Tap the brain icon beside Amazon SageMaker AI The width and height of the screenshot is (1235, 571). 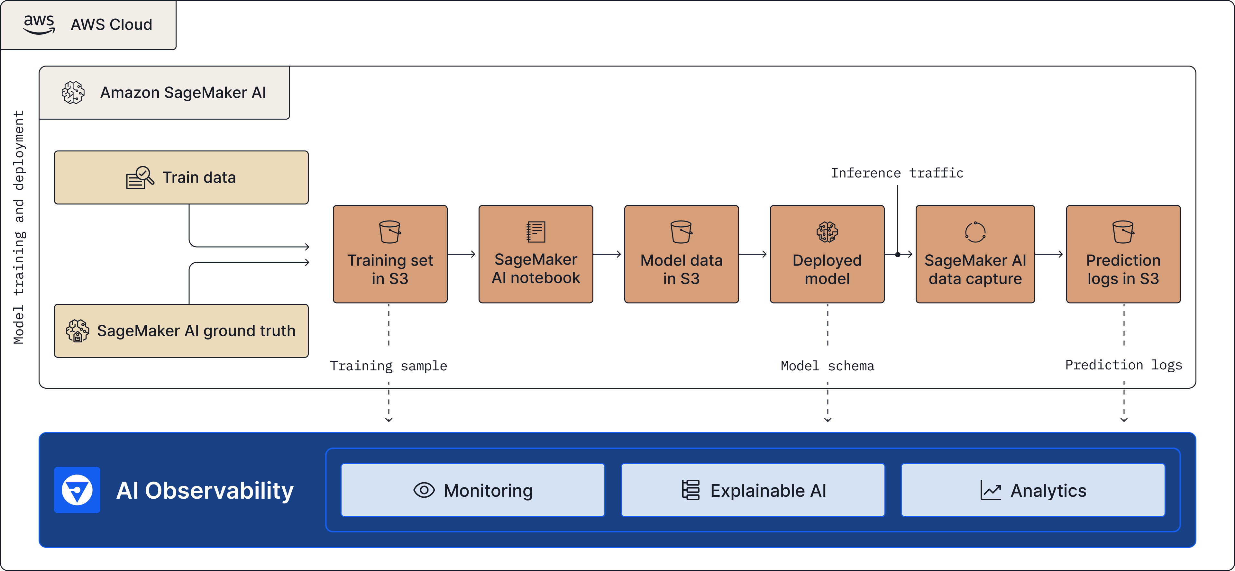pyautogui.click(x=73, y=93)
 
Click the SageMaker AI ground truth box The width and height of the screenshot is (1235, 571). pyautogui.click(x=181, y=331)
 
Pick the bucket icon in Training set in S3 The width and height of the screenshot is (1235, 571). pyautogui.click(x=390, y=232)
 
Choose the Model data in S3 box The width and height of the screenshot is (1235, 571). pyautogui.click(x=681, y=254)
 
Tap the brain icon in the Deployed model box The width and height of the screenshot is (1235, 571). pyautogui.click(x=827, y=232)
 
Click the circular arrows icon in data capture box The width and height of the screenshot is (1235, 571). pyautogui.click(x=975, y=232)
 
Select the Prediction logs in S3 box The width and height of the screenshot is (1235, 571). pyautogui.click(x=1123, y=254)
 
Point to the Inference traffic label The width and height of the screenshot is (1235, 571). pyautogui.click(x=897, y=173)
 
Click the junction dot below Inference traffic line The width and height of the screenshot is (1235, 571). pyautogui.click(x=898, y=255)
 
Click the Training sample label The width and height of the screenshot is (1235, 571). pyautogui.click(x=388, y=366)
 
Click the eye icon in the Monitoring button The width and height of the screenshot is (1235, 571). pyautogui.click(x=424, y=490)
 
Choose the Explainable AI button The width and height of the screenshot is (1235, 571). pyautogui.click(x=753, y=490)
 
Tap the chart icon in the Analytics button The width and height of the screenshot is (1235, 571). pyautogui.click(x=991, y=490)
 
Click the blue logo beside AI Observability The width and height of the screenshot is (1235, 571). pyautogui.click(x=77, y=490)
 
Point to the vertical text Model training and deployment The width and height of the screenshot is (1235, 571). pyautogui.click(x=19, y=227)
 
